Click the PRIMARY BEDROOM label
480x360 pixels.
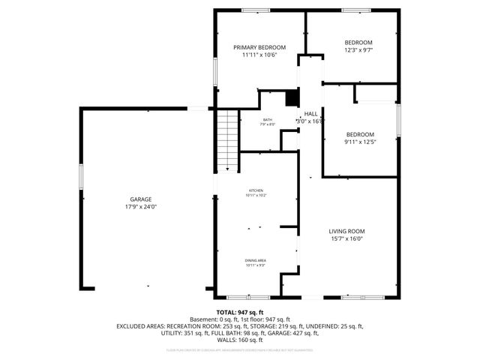tap(259, 47)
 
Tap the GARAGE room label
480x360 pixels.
tap(140, 199)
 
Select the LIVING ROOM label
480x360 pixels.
tap(346, 231)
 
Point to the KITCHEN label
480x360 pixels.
tap(256, 191)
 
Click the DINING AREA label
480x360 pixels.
tap(256, 260)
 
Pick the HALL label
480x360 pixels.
tap(310, 113)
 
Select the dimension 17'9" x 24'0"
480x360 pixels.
tap(140, 207)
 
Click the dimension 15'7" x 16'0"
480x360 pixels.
tap(346, 239)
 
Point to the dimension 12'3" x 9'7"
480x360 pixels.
tap(358, 50)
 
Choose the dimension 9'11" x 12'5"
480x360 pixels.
tap(359, 142)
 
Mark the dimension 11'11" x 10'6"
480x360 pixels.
tap(259, 55)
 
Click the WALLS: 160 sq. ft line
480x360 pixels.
tap(239, 341)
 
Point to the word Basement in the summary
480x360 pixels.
tap(203, 319)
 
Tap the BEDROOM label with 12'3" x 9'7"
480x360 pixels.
tap(358, 42)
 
